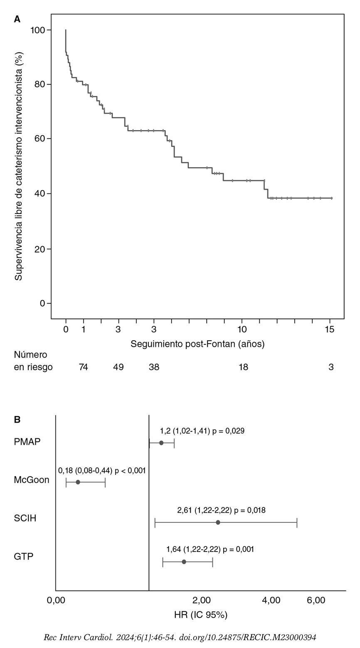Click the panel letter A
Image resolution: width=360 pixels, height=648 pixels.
pos(17,20)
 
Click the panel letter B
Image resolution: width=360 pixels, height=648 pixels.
pos(17,419)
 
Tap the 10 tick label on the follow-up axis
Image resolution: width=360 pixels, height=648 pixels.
pos(242,329)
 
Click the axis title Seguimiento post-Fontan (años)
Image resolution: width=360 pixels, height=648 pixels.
pos(197,344)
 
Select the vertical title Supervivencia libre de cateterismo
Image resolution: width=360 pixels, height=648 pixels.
pos(19,168)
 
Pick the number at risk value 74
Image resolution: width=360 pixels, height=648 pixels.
pos(83,367)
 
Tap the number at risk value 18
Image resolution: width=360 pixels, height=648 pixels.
pos(243,367)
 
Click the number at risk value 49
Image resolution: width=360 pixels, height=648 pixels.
pos(118,367)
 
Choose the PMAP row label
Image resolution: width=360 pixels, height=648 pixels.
pos(27,442)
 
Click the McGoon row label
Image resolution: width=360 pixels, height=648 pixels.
pos(32,480)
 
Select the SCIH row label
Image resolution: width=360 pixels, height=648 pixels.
pos(25,518)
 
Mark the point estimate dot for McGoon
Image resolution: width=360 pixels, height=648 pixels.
pos(78,482)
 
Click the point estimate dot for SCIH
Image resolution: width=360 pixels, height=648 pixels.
pos(218,522)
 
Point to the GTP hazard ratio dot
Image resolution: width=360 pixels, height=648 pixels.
pos(184,562)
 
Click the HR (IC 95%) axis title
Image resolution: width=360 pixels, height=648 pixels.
pos(201,615)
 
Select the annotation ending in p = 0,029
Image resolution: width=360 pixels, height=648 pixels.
pos(202,431)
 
